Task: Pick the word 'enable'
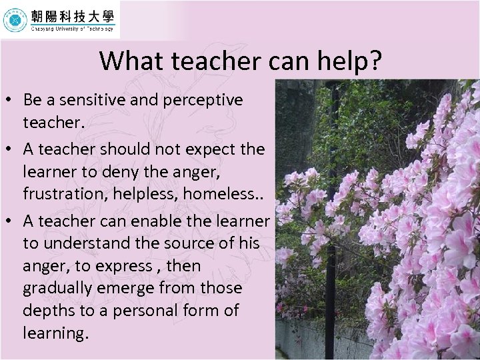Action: tap(151, 221)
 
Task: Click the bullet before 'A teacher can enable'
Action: tap(11, 221)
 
